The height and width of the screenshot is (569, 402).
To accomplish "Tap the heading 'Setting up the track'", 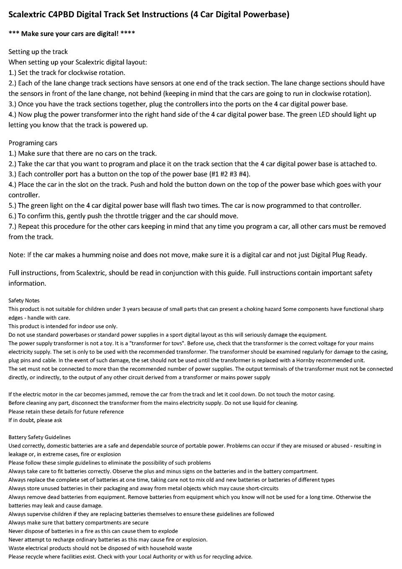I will point(38,52).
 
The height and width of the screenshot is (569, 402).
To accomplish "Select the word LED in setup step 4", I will point(325,114).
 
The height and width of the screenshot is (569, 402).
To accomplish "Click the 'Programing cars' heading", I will point(33,143).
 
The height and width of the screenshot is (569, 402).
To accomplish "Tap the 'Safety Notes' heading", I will point(24,300).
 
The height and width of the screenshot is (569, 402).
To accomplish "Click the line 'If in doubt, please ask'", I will point(35,420).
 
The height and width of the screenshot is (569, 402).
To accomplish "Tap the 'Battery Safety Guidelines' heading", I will point(39,437).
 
